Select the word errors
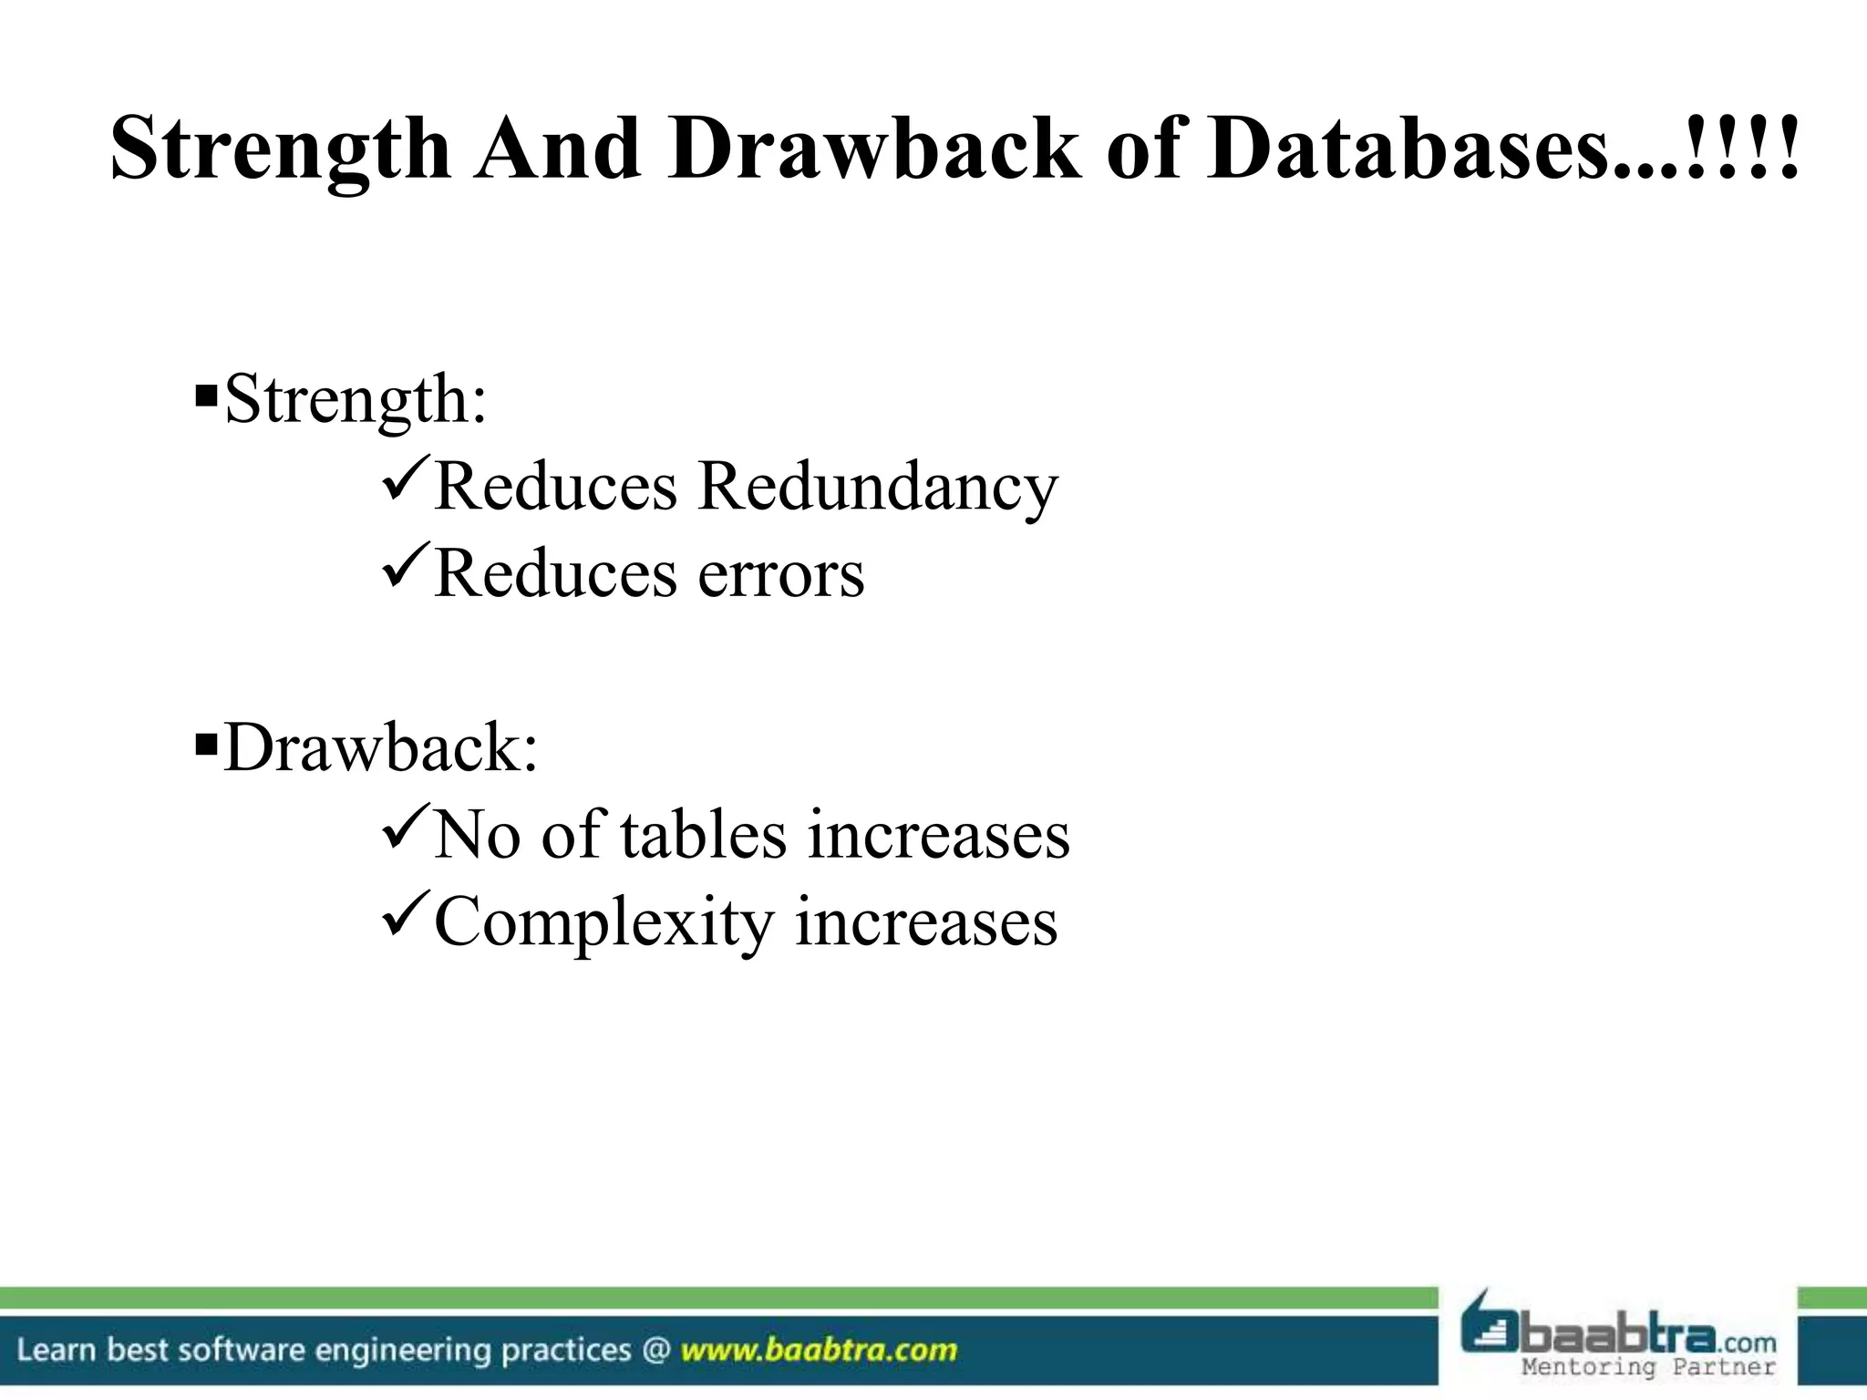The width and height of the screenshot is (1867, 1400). (781, 575)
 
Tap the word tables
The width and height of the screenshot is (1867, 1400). (703, 835)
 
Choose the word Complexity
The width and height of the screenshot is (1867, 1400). (603, 922)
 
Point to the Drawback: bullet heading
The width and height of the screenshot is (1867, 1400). (381, 748)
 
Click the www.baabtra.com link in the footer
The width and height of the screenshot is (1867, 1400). (820, 1350)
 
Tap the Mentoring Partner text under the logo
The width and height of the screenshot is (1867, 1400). (1648, 1367)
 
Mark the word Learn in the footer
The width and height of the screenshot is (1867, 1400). (57, 1350)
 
